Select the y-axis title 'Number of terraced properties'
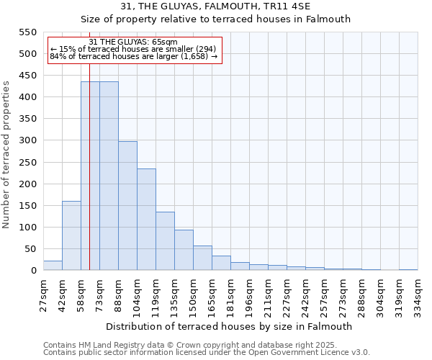point(6,154)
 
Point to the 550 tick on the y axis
point(27,32)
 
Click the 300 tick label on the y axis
point(27,140)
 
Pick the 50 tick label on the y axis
point(30,249)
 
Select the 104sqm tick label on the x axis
point(137,293)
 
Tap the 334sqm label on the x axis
point(418,293)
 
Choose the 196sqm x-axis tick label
point(249,293)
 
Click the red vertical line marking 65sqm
point(89,180)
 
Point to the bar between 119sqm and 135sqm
point(165,241)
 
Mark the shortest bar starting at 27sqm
point(53,266)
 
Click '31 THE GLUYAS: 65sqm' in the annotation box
point(133,42)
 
